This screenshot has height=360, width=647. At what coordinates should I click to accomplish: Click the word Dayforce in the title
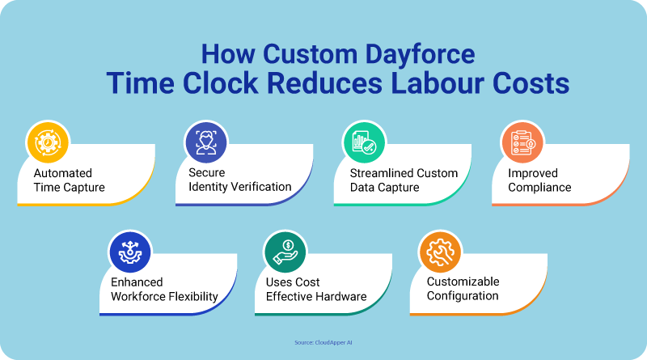[x=420, y=55]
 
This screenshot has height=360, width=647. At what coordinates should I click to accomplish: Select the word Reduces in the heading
[x=325, y=83]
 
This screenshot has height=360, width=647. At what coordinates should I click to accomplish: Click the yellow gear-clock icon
[x=48, y=142]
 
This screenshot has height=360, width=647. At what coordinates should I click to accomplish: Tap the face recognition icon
[x=206, y=142]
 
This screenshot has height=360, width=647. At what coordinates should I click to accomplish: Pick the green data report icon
[x=365, y=142]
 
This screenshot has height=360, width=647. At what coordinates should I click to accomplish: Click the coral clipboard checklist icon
[x=522, y=142]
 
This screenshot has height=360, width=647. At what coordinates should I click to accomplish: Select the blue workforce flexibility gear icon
[x=130, y=252]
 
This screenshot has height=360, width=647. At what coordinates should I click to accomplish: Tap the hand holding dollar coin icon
[x=285, y=252]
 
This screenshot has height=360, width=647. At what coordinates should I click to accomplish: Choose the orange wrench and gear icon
[x=440, y=252]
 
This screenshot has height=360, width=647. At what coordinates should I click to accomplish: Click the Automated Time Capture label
[x=70, y=180]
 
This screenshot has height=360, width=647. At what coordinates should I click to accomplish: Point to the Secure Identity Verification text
[x=240, y=180]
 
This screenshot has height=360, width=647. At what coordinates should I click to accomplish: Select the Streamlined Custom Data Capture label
[x=404, y=180]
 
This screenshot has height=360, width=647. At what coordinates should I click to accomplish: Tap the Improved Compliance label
[x=539, y=180]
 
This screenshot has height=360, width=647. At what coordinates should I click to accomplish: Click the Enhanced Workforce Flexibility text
[x=165, y=290]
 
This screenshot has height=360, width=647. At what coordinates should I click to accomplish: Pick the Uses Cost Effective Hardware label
[x=316, y=290]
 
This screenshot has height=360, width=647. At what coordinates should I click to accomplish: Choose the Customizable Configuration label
[x=463, y=289]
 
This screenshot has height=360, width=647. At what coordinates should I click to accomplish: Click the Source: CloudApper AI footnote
[x=323, y=342]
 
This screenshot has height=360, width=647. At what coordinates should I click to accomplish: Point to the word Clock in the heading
[x=220, y=83]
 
